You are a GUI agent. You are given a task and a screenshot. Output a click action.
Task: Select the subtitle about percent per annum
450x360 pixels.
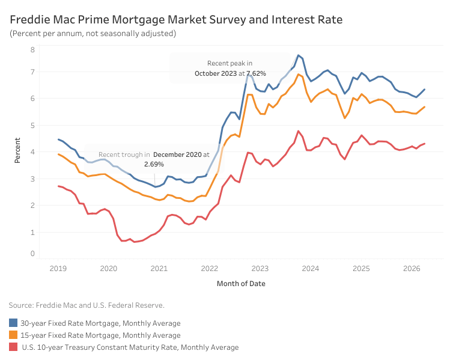pyautogui.click(x=93, y=34)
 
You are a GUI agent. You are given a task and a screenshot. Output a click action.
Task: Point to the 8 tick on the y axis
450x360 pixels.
pyautogui.click(x=32, y=50)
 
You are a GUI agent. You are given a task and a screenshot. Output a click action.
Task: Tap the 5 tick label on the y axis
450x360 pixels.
pyautogui.click(x=32, y=125)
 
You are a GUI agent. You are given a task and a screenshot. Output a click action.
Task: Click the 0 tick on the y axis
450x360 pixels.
pyautogui.click(x=32, y=254)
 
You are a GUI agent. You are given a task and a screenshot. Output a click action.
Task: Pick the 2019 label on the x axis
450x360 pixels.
pyautogui.click(x=58, y=269)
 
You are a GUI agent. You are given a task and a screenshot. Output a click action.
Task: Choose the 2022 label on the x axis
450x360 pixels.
pyautogui.click(x=210, y=269)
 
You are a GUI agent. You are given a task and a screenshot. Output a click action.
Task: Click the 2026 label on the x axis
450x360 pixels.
pyautogui.click(x=412, y=269)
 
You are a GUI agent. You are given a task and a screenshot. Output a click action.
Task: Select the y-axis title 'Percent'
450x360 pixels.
pyautogui.click(x=17, y=150)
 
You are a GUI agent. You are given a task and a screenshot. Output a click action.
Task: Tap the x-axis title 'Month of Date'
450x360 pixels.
pyautogui.click(x=241, y=284)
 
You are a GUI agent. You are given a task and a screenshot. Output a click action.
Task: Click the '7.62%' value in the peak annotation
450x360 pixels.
pyautogui.click(x=257, y=73)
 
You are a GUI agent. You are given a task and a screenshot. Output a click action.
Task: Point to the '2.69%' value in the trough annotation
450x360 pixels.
pyautogui.click(x=154, y=164)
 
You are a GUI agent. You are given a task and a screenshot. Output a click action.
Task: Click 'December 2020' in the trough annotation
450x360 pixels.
pyautogui.click(x=177, y=154)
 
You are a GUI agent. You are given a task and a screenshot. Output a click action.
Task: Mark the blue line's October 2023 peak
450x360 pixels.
pyautogui.click(x=299, y=55)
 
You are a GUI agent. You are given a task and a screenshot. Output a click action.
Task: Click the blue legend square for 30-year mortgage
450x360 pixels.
pyautogui.click(x=13, y=323)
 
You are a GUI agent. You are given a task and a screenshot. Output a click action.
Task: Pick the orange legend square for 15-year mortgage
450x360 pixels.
pyautogui.click(x=13, y=335)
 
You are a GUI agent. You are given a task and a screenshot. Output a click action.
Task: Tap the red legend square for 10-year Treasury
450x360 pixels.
pyautogui.click(x=13, y=347)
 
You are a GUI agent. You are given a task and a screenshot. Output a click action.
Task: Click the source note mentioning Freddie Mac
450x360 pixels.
pyautogui.click(x=87, y=305)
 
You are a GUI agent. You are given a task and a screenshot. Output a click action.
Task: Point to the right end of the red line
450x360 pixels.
pyautogui.click(x=424, y=144)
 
